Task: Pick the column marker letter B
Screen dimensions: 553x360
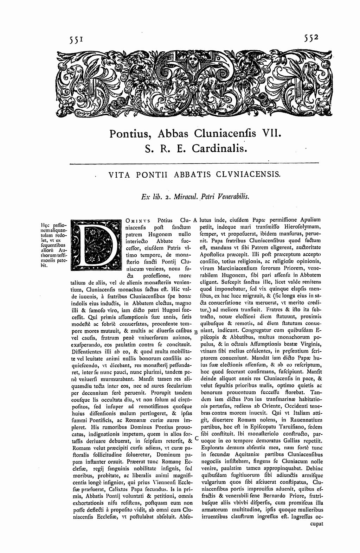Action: [196, 331]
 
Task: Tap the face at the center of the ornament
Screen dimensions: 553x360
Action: [193, 60]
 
